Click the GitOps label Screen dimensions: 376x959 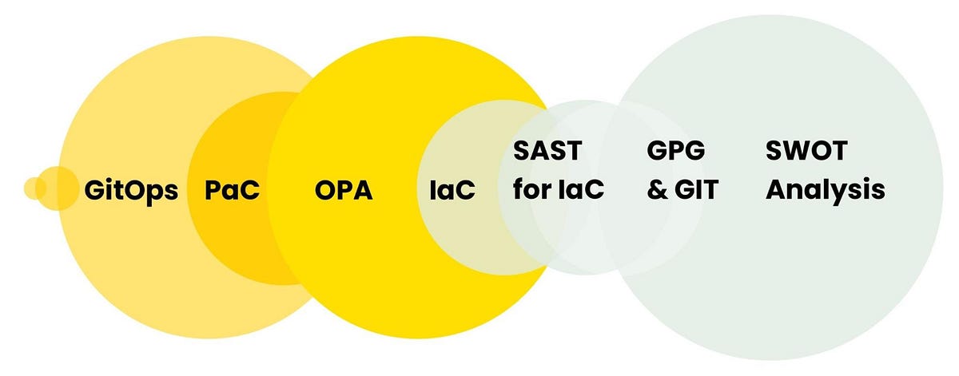pos(131,192)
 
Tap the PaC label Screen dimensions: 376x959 pos(233,192)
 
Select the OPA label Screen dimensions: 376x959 pos(344,192)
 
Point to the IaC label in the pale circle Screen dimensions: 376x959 pos(452,192)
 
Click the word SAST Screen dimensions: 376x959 pos(547,150)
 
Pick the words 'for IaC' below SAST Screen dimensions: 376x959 pos(558,190)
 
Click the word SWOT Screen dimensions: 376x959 pos(806,150)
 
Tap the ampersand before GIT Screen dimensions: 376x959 pos(657,191)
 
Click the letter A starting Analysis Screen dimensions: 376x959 pos(776,190)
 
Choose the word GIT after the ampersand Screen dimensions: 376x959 pos(695,190)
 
